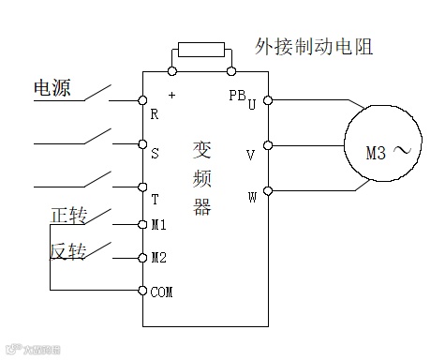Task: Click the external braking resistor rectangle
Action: pyautogui.click(x=200, y=50)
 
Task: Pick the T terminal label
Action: pyautogui.click(x=155, y=199)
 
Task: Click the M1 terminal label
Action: pyautogui.click(x=158, y=225)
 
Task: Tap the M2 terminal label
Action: pyautogui.click(x=158, y=258)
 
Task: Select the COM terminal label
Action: pyautogui.click(x=162, y=292)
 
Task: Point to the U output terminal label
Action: pyautogui.click(x=251, y=105)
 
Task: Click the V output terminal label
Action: pyautogui.click(x=250, y=155)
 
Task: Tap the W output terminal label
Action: pyautogui.click(x=250, y=199)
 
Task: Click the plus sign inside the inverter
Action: pyautogui.click(x=171, y=96)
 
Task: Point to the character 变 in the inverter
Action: pyautogui.click(x=201, y=150)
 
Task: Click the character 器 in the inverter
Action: pyautogui.click(x=201, y=206)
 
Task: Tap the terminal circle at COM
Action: pyautogui.click(x=142, y=291)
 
